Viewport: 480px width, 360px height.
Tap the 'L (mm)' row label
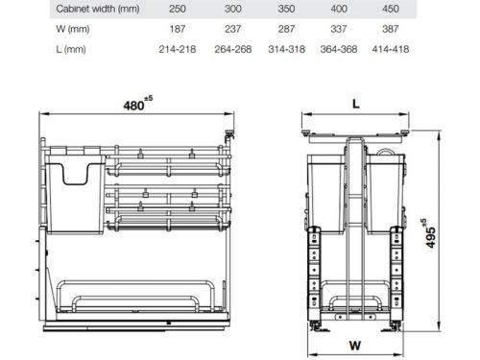pyautogui.click(x=43, y=47)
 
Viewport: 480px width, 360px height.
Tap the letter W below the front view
pyautogui.click(x=355, y=344)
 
